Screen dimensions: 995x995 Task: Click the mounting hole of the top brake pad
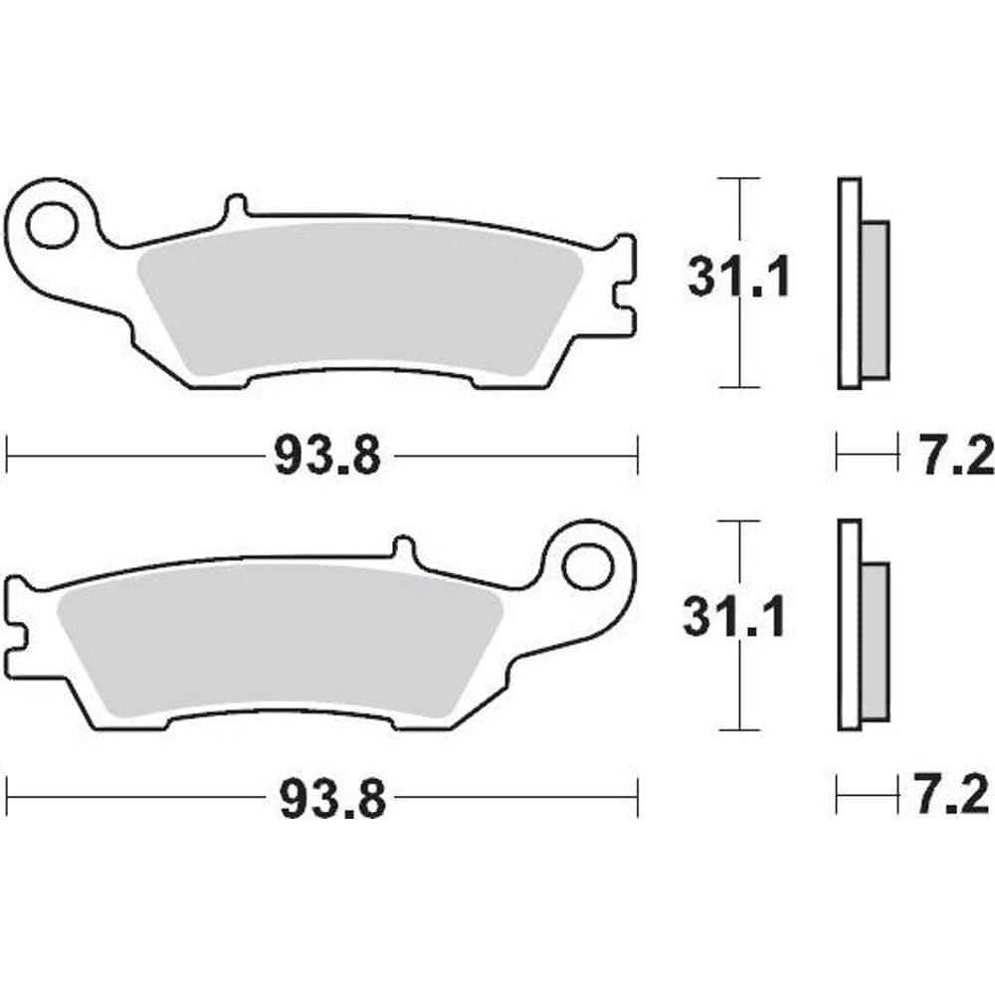pyautogui.click(x=52, y=225)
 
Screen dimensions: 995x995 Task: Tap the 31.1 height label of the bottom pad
pyautogui.click(x=734, y=617)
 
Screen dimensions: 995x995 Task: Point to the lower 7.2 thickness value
pyautogui.click(x=953, y=794)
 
